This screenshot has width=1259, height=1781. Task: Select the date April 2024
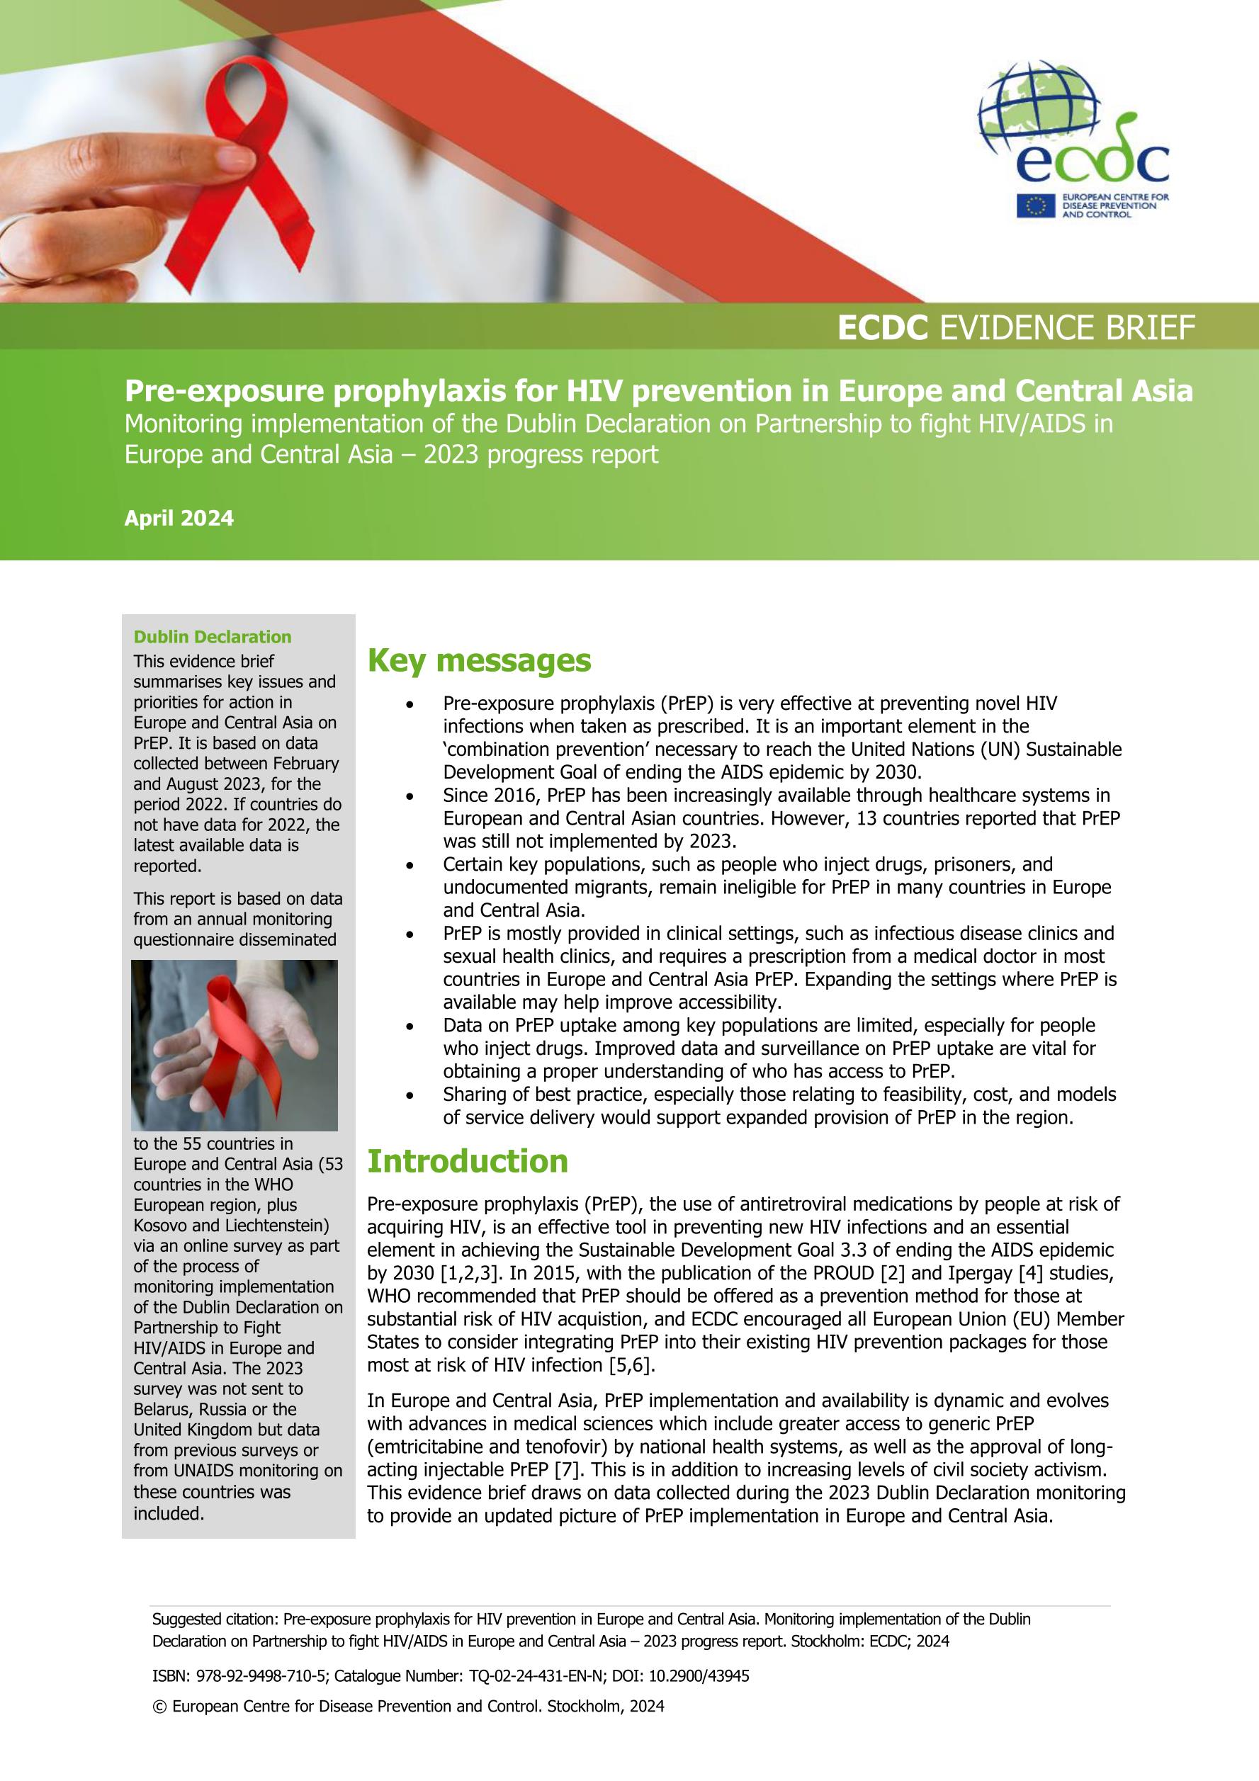[x=179, y=518]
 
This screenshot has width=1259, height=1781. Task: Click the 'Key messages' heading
[x=479, y=661]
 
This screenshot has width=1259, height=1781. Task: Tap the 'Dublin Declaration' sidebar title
[x=213, y=637]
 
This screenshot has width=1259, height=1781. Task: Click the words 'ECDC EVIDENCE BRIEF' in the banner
[x=1015, y=328]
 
